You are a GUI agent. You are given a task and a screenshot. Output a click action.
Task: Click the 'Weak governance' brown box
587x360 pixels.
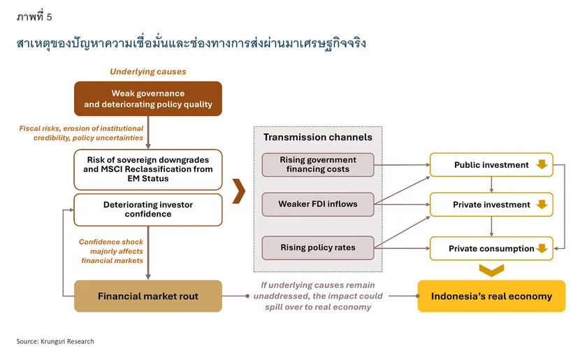[148, 99]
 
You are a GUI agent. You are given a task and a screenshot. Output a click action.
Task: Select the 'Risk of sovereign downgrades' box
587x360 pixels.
[148, 169]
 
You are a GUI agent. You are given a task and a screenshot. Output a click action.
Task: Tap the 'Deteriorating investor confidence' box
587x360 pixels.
[148, 210]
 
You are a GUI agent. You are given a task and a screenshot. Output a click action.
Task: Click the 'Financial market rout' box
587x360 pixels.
[148, 296]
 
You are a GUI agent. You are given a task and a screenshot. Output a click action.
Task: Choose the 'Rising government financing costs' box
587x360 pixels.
[318, 164]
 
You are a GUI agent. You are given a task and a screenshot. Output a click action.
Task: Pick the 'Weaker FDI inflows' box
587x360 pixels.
[318, 204]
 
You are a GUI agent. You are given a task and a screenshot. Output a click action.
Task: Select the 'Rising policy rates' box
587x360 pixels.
[318, 247]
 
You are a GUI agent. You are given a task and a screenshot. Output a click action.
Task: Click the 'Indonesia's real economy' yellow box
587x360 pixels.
[491, 296]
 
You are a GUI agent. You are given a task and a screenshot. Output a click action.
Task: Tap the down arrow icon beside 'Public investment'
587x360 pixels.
[542, 164]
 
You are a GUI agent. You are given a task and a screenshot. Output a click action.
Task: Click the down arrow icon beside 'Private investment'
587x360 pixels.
[542, 204]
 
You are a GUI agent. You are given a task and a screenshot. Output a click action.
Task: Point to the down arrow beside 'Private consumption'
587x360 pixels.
[542, 248]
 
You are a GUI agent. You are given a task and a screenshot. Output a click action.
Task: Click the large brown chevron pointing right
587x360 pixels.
[239, 191]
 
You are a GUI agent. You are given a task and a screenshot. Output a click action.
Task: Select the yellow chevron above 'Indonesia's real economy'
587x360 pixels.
[491, 270]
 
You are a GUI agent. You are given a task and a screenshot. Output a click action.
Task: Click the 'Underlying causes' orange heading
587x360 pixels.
[148, 71]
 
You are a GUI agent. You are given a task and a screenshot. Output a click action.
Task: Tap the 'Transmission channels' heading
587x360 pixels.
[318, 137]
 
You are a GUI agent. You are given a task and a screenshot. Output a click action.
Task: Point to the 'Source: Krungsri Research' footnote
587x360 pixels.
[55, 341]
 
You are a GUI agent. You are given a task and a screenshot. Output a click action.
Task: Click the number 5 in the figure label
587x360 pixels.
[49, 17]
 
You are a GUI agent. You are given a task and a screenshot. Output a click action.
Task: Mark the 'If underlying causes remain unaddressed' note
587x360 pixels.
[318, 296]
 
